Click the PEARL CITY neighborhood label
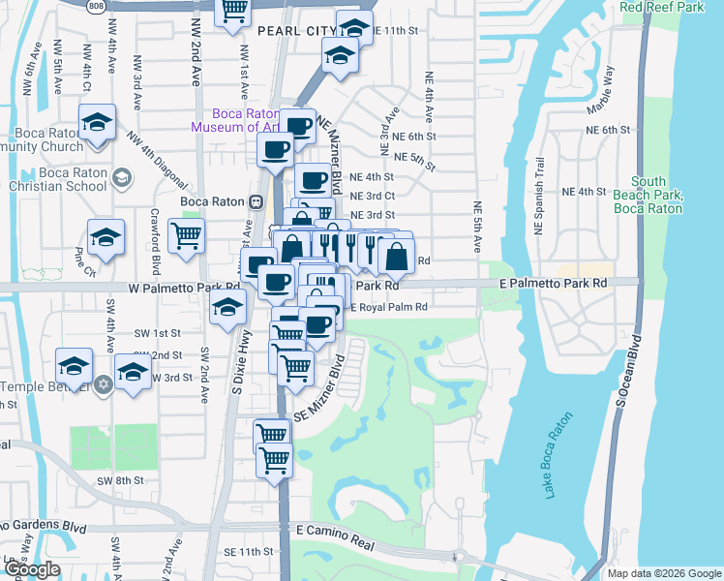(296, 31)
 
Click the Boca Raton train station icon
(256, 201)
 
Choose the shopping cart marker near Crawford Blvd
(186, 235)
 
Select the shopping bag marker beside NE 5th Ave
(397, 257)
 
